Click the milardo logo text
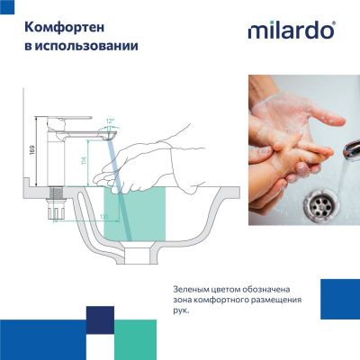pyautogui.click(x=291, y=31)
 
